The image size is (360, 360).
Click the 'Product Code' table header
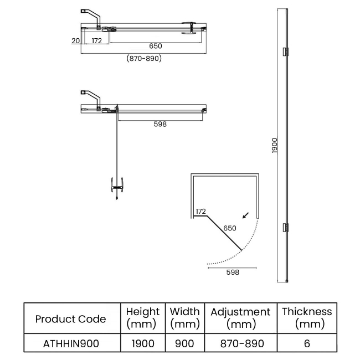[70, 318]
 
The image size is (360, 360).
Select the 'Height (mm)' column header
[143, 318]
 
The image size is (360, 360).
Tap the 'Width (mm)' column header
[185, 318]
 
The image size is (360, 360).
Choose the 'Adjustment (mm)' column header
[240, 318]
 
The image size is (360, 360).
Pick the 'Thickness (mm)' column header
[307, 318]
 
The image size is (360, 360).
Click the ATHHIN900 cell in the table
[70, 343]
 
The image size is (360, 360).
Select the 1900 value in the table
[143, 343]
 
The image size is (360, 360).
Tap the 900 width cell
[185, 343]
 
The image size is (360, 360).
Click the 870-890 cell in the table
[240, 343]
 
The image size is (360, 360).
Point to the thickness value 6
[307, 343]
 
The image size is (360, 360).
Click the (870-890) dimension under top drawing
[144, 58]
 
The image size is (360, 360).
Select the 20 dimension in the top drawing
[74, 40]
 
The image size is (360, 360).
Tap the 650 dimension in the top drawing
[155, 46]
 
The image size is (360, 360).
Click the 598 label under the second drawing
[160, 124]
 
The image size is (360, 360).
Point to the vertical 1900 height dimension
[275, 146]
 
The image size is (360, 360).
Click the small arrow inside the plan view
[245, 215]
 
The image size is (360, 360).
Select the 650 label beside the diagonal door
[230, 228]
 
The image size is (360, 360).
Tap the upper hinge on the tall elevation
[286, 52]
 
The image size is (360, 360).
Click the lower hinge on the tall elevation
[286, 227]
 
